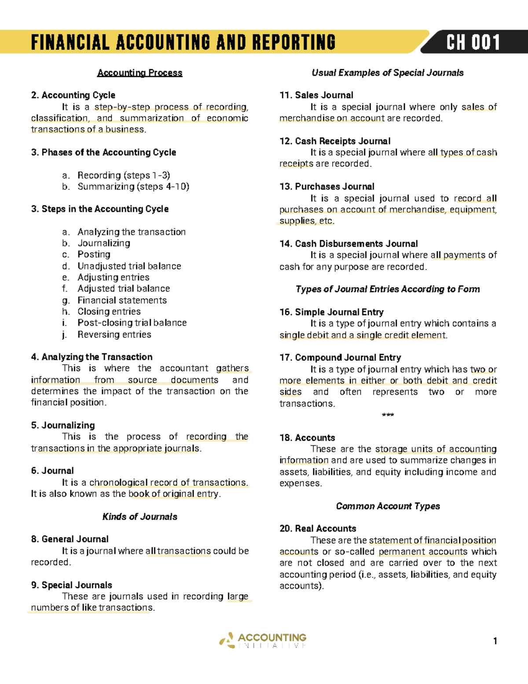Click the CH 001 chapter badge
tap(473, 43)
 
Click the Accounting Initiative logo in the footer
tap(263, 640)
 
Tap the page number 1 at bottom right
tap(495, 641)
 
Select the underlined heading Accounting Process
tap(139, 73)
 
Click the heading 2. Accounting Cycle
tap(73, 95)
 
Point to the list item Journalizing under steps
tap(104, 243)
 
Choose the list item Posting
tap(94, 255)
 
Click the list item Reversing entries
tap(114, 334)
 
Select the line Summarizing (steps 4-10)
tap(133, 187)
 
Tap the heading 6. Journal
tap(52, 471)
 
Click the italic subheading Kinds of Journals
tap(139, 517)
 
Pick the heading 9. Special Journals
tap(71, 585)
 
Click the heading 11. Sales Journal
tap(316, 95)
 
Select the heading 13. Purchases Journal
tap(327, 187)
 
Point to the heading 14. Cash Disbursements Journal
tap(348, 244)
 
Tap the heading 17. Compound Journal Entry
tap(340, 358)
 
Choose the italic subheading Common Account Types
tap(388, 506)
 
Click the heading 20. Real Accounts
tap(318, 529)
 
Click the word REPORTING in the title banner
tap(293, 43)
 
